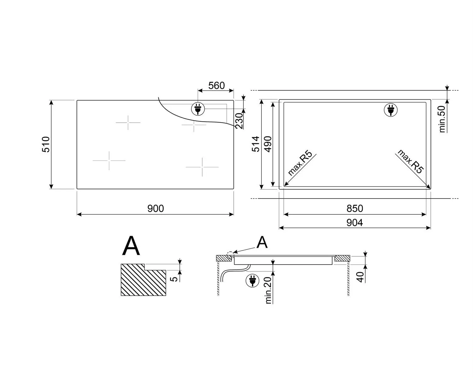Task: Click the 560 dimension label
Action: click(x=216, y=85)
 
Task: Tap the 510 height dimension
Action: click(x=46, y=144)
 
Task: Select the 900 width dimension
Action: click(x=155, y=208)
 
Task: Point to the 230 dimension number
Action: click(x=239, y=121)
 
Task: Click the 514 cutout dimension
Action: click(x=256, y=144)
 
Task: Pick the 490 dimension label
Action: click(x=268, y=144)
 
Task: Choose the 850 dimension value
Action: click(x=355, y=208)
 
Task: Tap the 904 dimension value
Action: click(x=354, y=223)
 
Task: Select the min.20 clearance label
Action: click(x=268, y=290)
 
